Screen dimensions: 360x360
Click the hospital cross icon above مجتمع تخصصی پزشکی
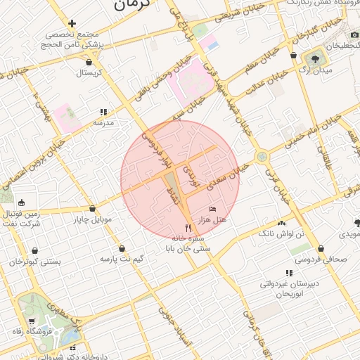click(x=72, y=23)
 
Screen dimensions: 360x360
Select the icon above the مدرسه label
click(x=103, y=111)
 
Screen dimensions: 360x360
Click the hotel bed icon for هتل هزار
click(x=213, y=210)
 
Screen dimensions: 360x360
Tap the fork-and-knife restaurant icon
click(x=187, y=228)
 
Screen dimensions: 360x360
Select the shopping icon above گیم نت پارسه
click(x=123, y=248)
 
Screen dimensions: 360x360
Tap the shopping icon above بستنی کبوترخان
click(x=34, y=250)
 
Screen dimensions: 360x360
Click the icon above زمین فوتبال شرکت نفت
click(x=21, y=202)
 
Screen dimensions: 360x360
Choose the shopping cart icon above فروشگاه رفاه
click(x=32, y=321)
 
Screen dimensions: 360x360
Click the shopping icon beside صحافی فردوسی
click(x=321, y=248)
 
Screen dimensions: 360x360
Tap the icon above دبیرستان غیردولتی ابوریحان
click(x=289, y=273)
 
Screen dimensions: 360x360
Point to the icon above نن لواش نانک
click(x=301, y=221)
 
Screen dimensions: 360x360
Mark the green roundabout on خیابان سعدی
click(x=261, y=157)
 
